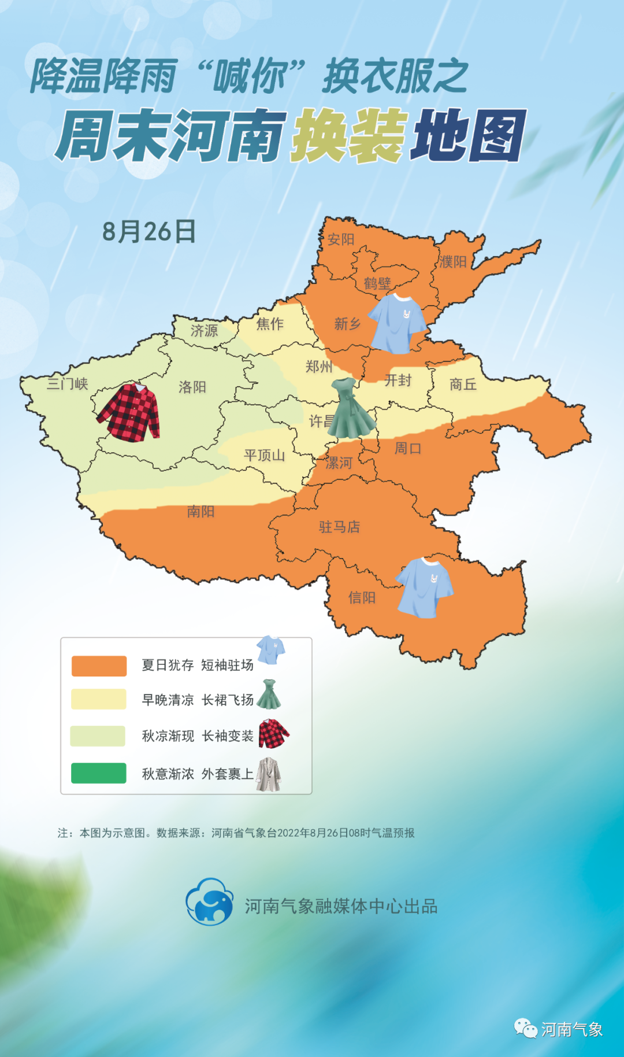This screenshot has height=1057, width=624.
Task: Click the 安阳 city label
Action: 341,239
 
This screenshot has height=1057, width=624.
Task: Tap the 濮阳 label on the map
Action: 452,262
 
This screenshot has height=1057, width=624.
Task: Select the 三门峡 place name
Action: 68,384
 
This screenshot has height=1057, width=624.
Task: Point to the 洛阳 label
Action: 192,386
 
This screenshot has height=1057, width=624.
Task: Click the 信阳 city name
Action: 362,597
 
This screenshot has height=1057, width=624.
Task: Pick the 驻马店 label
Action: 339,527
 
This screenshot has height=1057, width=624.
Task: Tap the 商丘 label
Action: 463,384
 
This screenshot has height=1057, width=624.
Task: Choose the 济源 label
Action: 205,330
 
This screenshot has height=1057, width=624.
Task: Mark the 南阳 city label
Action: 201,511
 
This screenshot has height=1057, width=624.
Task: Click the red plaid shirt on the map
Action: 130,412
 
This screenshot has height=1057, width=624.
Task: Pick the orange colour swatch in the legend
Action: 99,666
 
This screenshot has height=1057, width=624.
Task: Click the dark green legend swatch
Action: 99,773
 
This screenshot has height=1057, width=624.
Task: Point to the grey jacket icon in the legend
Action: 269,774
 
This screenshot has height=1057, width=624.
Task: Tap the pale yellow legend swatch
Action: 99,699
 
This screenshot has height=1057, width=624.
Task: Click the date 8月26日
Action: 148,231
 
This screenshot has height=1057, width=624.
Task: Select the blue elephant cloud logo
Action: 209,901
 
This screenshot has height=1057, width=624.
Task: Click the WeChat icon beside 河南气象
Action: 526,1028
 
